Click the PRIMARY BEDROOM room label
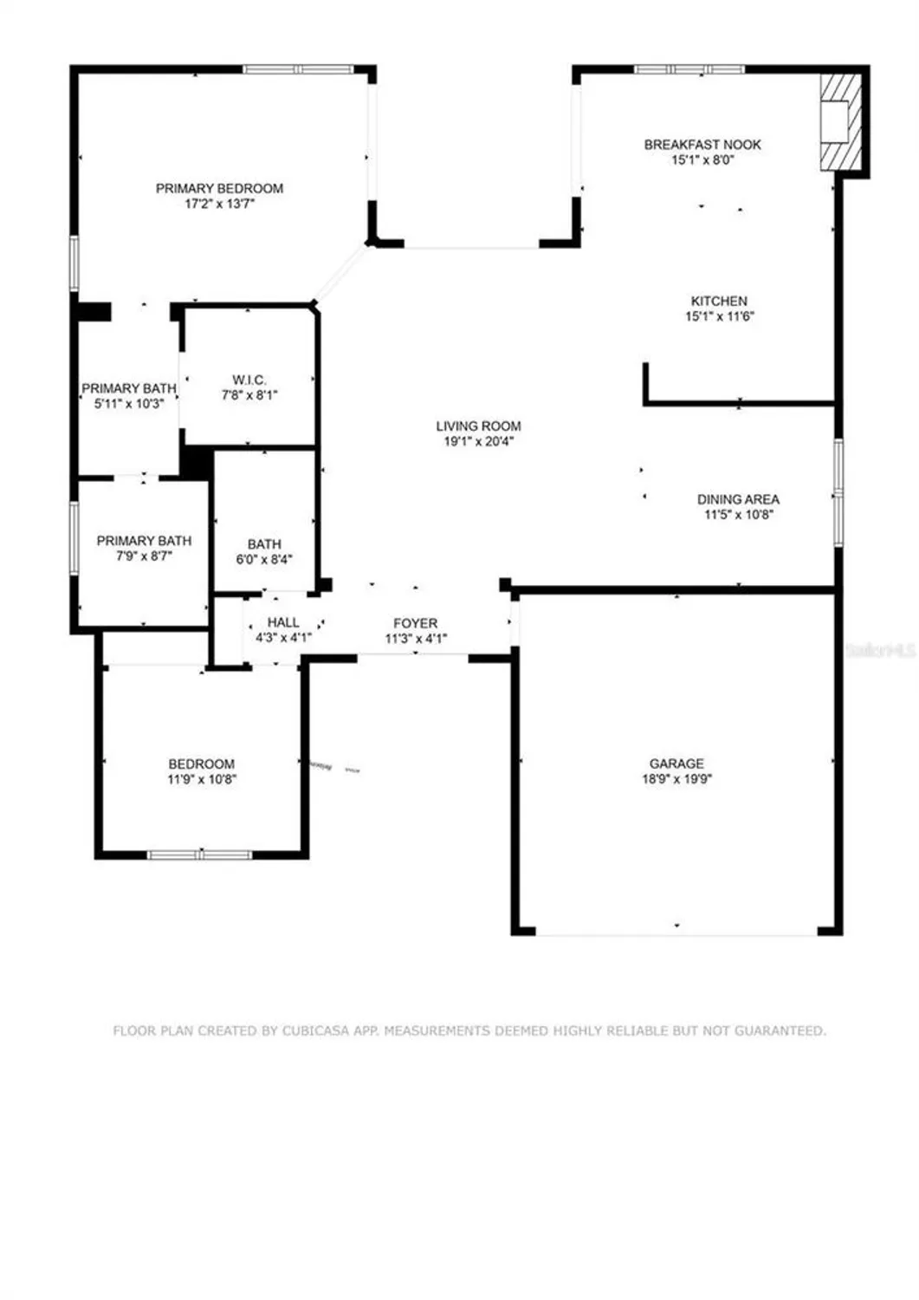(219, 188)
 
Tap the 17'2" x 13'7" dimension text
(219, 205)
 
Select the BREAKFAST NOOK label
(702, 145)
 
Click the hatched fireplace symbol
(840, 121)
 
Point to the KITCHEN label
(719, 301)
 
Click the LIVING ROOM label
(478, 426)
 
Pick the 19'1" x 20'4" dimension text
(478, 441)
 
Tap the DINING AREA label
(738, 499)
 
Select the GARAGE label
(676, 764)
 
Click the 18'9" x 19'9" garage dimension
(676, 779)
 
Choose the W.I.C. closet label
(249, 380)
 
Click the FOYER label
(416, 623)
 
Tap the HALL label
(283, 622)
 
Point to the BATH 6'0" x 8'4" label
(264, 551)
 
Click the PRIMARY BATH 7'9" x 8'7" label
(144, 548)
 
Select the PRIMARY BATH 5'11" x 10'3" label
(129, 396)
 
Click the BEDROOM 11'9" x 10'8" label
(202, 771)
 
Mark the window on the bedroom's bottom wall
(200, 855)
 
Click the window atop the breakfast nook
(689, 69)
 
